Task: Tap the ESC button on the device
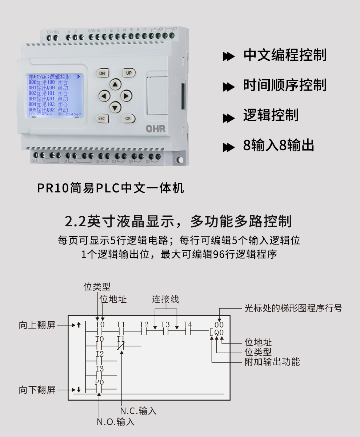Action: click(x=102, y=119)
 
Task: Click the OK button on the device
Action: click(x=128, y=119)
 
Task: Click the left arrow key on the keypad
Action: click(x=104, y=96)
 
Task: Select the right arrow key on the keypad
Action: click(x=126, y=96)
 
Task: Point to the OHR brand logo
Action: click(x=156, y=129)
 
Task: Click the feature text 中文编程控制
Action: click(x=285, y=55)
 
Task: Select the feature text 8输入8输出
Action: click(x=279, y=146)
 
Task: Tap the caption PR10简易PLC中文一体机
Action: click(x=111, y=188)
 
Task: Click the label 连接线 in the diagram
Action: click(x=165, y=299)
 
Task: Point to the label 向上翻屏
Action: click(x=37, y=325)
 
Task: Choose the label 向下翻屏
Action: click(x=37, y=390)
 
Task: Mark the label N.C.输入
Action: click(x=138, y=411)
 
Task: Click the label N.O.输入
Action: click(x=116, y=422)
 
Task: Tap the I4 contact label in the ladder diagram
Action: click(x=188, y=324)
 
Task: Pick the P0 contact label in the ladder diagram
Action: click(x=99, y=382)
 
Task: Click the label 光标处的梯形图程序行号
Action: click(x=293, y=309)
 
